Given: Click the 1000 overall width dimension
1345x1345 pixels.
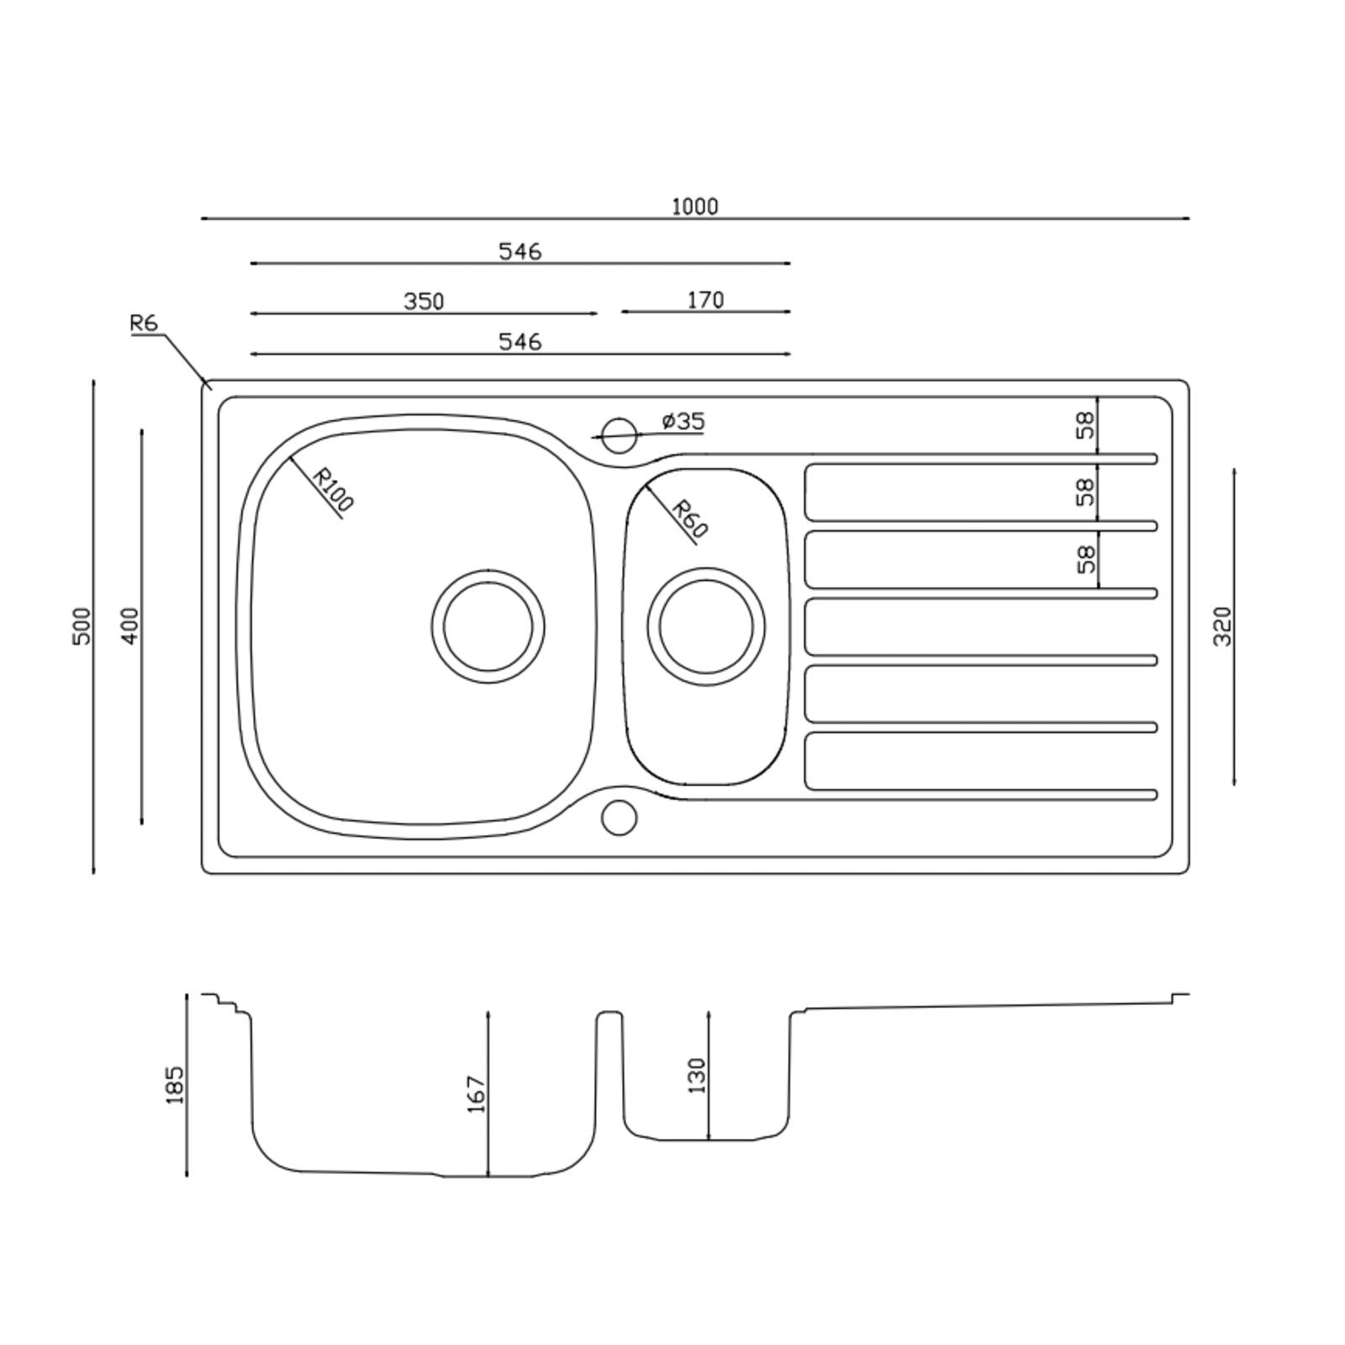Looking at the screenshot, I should pos(694,207).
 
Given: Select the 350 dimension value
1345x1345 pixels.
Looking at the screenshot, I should pos(424,301).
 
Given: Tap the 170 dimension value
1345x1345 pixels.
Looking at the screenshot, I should pos(705,300).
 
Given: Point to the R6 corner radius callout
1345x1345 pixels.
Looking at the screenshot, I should pos(144,323).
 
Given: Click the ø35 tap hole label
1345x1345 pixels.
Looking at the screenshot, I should pos(683,421).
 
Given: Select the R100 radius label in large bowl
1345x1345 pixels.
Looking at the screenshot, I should pos(332,489).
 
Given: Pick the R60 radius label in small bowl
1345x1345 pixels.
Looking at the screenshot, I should pos(690,519).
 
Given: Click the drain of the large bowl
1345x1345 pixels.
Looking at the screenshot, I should pos(488,626).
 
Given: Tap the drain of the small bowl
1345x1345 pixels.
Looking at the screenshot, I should pos(706,626).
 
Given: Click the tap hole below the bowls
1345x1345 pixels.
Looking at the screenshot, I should pos(620,817).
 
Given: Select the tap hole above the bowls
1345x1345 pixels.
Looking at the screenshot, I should pos(620,435).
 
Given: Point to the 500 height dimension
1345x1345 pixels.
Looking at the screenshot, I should pos(82,626).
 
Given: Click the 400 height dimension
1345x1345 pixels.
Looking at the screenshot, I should pos(130,626).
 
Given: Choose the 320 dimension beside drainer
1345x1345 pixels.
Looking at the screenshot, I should pos(1222,626).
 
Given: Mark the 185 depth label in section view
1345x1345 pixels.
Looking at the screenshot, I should pos(175,1084).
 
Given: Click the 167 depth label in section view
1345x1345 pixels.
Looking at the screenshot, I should pos(477,1094).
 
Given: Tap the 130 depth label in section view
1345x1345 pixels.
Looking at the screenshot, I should pos(697,1076).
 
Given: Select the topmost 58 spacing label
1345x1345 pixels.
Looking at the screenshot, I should pos(1086,425).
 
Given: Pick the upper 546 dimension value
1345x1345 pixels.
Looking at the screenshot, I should pos(520,251).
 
